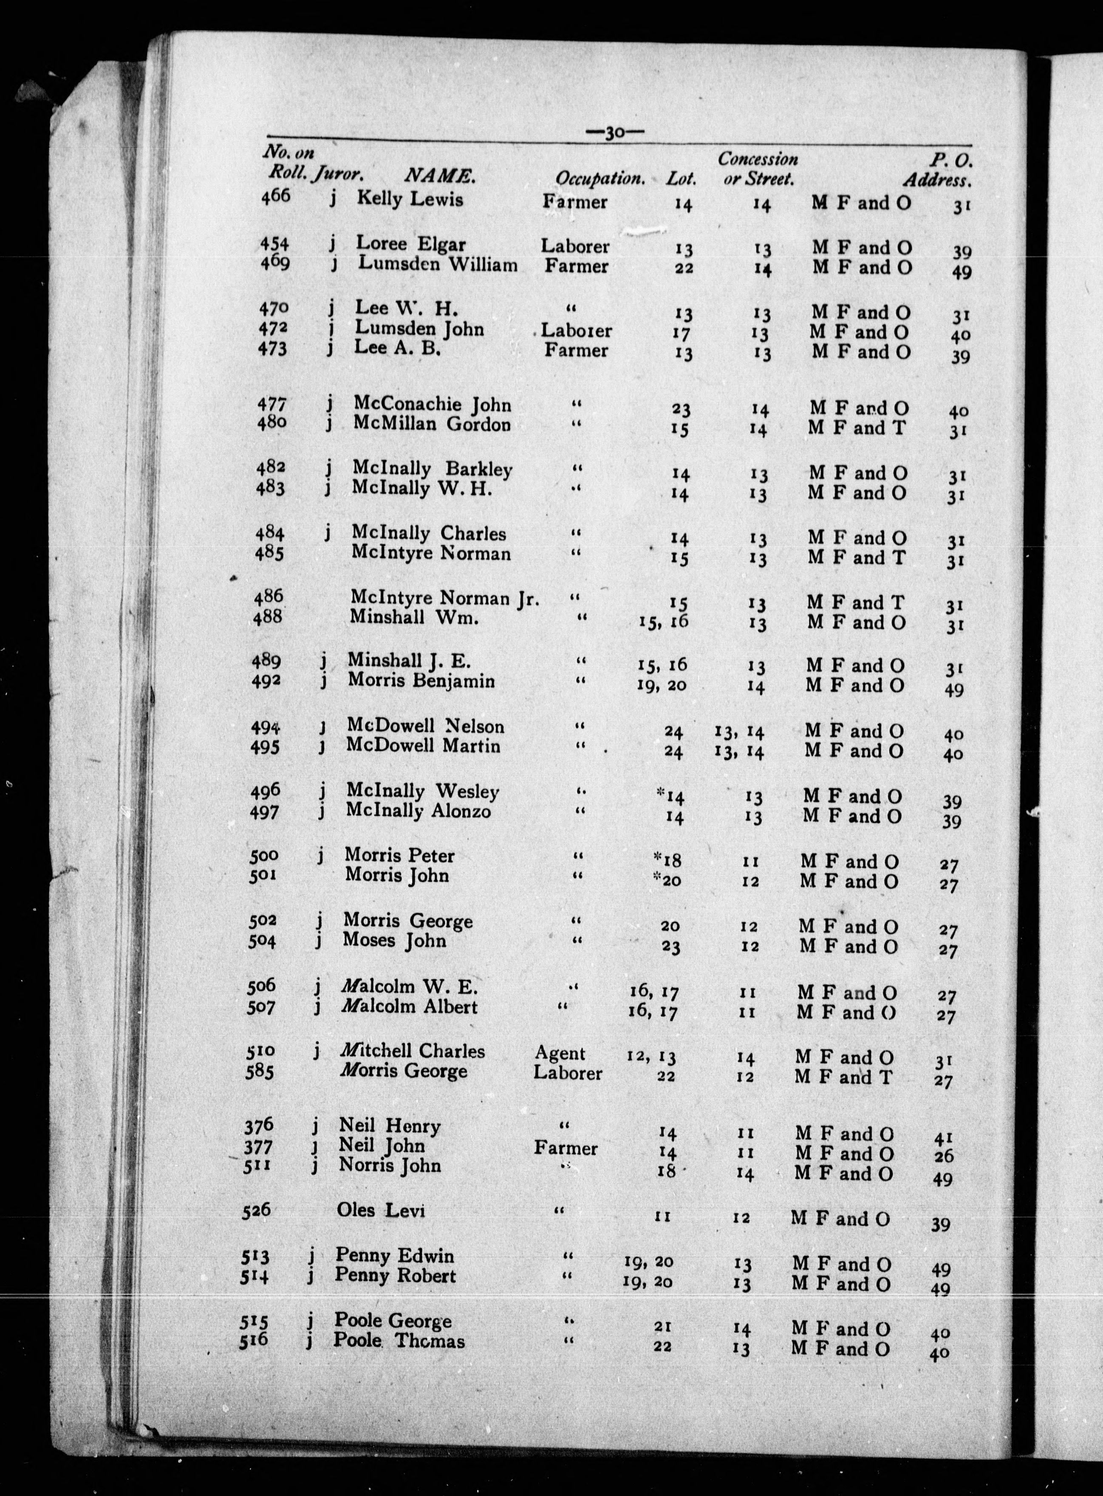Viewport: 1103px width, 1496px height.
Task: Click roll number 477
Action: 272,405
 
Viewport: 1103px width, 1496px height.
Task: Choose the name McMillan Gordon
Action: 432,423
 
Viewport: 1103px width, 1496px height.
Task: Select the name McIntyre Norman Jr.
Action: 444,598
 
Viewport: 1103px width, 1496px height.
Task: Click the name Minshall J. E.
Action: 409,660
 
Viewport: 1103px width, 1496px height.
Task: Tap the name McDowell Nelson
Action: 425,726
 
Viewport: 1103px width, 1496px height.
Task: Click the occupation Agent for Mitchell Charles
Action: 560,1053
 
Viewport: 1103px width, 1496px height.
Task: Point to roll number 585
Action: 261,1071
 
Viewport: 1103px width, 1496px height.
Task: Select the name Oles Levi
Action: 381,1210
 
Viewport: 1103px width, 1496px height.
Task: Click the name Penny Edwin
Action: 395,1255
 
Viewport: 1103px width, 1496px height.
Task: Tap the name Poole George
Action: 393,1321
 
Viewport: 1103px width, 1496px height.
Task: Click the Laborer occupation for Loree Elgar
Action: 575,246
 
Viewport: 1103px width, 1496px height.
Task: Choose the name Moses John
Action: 394,941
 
